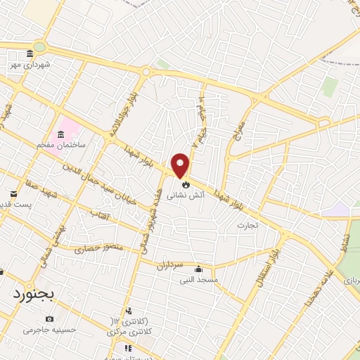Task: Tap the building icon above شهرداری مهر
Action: [29, 54]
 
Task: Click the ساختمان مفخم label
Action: [62, 144]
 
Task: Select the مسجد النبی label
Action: [198, 280]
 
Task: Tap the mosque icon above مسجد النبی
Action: [198, 269]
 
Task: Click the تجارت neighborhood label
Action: [247, 226]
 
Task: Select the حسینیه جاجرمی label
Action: [48, 329]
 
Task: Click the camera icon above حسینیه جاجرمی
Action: [49, 319]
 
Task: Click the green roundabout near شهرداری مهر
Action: [39, 47]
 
